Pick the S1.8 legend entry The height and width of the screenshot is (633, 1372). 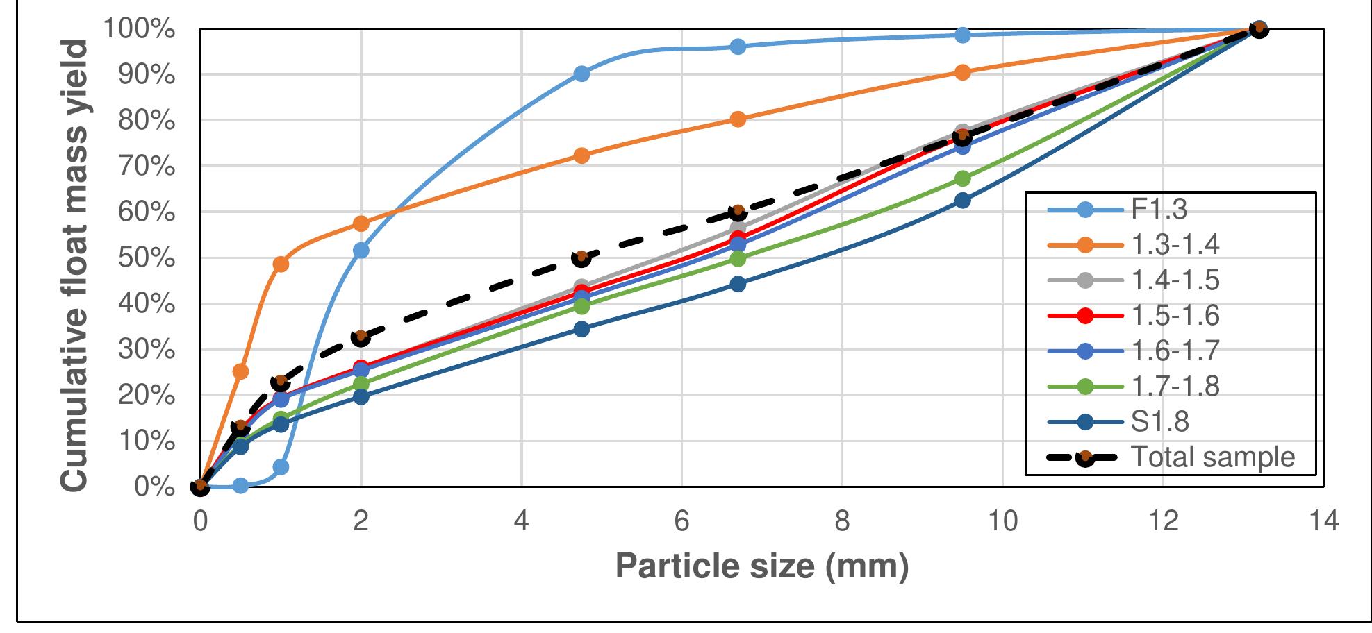pyautogui.click(x=1159, y=422)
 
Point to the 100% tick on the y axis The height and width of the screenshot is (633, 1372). pyautogui.click(x=139, y=30)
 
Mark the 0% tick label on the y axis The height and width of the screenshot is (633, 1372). pyautogui.click(x=154, y=487)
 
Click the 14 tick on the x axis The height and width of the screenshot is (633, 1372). pyautogui.click(x=1323, y=521)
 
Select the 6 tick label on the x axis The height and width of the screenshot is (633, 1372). pyautogui.click(x=681, y=521)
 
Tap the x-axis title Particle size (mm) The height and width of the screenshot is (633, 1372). pyautogui.click(x=762, y=566)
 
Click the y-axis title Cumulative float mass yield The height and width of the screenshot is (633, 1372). pyautogui.click(x=74, y=265)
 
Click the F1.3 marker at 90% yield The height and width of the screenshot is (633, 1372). pyautogui.click(x=581, y=74)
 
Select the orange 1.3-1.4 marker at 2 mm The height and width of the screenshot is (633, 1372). pyautogui.click(x=361, y=223)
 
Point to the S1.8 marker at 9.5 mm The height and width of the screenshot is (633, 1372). pyautogui.click(x=962, y=201)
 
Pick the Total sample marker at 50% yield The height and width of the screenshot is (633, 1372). pyautogui.click(x=581, y=258)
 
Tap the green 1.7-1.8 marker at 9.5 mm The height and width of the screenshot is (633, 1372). pyautogui.click(x=962, y=179)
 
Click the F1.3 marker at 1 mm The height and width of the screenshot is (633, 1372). pyautogui.click(x=281, y=467)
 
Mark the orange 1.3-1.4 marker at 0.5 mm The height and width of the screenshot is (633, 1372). pyautogui.click(x=240, y=371)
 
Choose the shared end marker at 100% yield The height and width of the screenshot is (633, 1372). pyautogui.click(x=1258, y=29)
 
